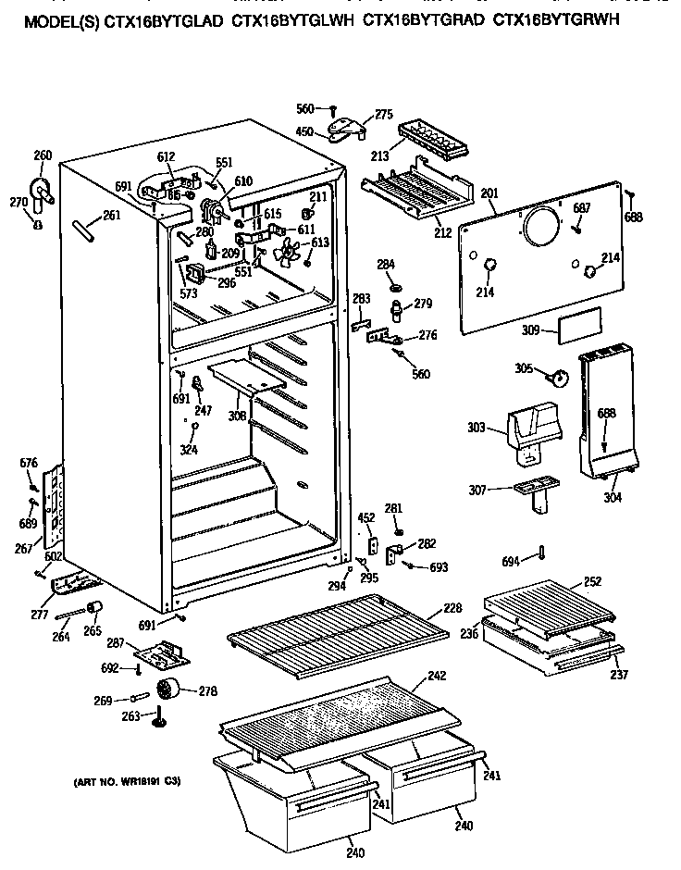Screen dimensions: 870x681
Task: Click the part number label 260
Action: pos(43,155)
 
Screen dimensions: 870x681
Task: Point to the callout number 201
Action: pos(489,193)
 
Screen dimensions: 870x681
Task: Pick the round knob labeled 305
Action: pos(558,377)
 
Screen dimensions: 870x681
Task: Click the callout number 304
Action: pos(612,497)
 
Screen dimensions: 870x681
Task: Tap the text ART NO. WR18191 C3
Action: pos(127,782)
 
